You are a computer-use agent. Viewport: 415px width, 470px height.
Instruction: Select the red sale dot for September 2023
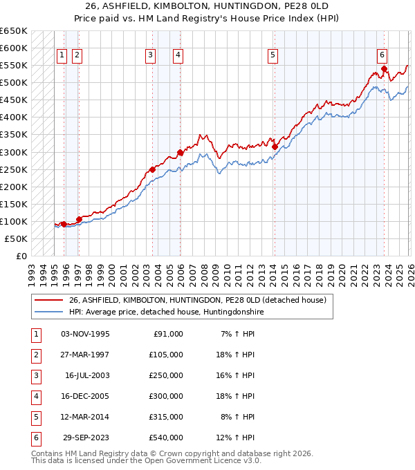[x=385, y=69]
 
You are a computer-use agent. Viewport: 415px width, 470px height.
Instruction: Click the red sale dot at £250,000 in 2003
[x=152, y=169]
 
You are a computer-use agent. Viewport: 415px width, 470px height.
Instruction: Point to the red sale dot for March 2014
[x=275, y=147]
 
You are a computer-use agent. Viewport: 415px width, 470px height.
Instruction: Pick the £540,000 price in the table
[x=166, y=438]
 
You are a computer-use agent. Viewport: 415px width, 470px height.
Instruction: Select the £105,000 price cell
[x=166, y=355]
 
